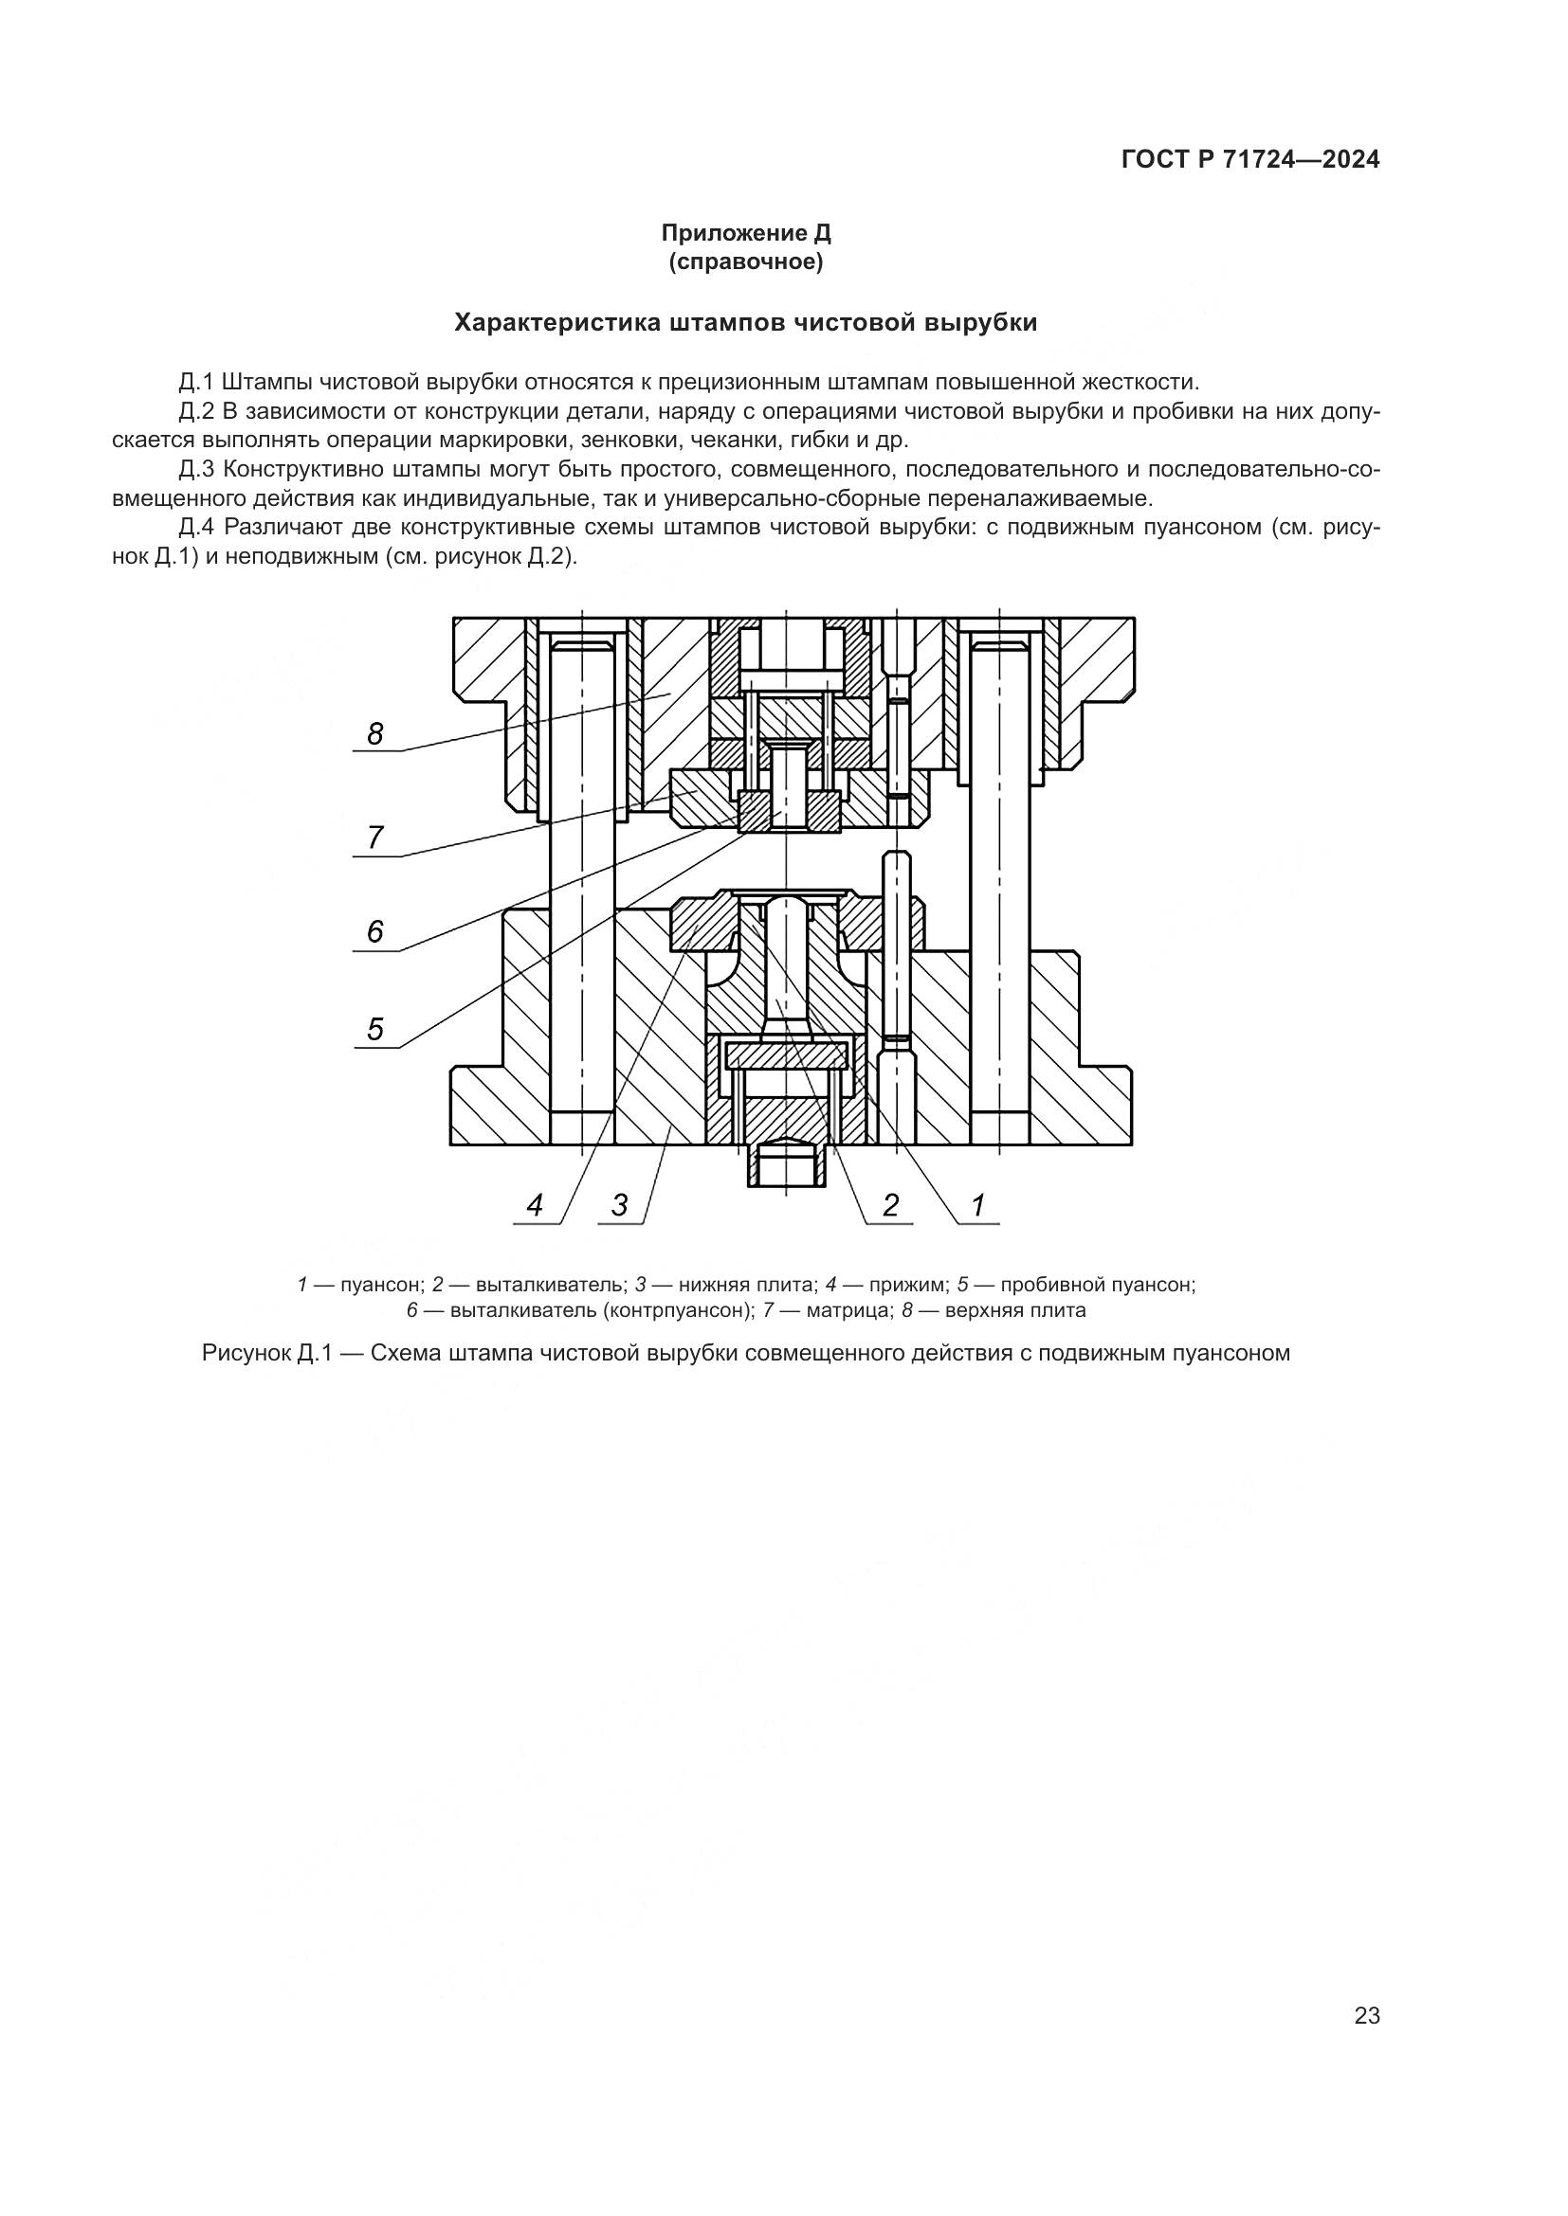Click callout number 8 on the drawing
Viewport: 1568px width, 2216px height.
(375, 735)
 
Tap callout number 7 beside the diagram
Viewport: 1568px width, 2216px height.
(375, 838)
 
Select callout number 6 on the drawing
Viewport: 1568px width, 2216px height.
(375, 932)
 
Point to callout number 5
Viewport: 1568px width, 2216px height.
(375, 1030)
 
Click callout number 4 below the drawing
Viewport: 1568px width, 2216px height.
(535, 1205)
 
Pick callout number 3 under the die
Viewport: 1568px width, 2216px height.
(620, 1205)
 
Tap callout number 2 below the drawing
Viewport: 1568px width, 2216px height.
(890, 1205)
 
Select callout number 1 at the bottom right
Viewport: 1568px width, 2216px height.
(977, 1205)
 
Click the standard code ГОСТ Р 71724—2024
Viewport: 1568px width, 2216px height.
(1250, 160)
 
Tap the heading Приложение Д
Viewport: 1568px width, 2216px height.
(745, 233)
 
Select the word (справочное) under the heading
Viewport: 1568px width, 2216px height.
(745, 262)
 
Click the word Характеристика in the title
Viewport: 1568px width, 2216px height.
(559, 322)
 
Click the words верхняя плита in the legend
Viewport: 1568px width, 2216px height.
(1015, 1310)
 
